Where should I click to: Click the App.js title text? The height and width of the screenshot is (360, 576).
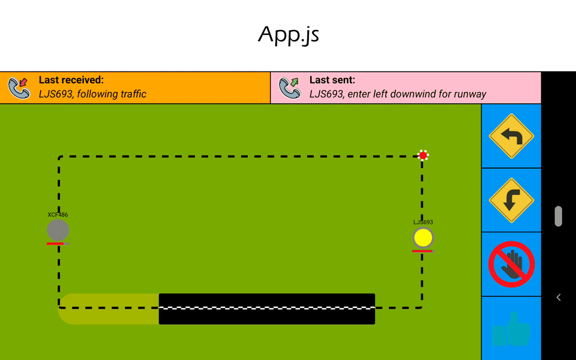(288, 35)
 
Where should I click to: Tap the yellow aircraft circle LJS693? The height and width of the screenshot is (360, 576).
(423, 238)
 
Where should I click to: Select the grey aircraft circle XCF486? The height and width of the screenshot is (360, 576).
(58, 230)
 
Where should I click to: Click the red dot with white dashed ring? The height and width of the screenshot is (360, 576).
(423, 155)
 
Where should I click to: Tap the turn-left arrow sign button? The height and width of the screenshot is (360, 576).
(511, 136)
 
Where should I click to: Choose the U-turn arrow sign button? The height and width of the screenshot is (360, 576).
(511, 200)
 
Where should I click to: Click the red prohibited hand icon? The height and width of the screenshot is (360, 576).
(511, 265)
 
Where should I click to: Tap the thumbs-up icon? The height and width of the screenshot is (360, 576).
(511, 329)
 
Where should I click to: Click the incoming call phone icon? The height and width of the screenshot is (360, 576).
(19, 88)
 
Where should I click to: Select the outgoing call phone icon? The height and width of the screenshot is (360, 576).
(290, 88)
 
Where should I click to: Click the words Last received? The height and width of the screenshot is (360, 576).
(71, 80)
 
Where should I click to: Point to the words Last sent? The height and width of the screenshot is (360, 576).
(332, 80)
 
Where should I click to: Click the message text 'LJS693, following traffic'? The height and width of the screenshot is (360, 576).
(92, 94)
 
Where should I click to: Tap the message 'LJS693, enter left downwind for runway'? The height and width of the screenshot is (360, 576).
(398, 94)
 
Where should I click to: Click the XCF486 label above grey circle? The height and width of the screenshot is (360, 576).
(58, 215)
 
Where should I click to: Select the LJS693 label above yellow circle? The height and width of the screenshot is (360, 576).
(423, 222)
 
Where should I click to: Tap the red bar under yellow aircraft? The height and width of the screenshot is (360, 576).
(422, 251)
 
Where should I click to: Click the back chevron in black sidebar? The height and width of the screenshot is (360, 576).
(559, 297)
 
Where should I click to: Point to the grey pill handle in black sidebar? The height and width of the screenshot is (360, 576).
(559, 216)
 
